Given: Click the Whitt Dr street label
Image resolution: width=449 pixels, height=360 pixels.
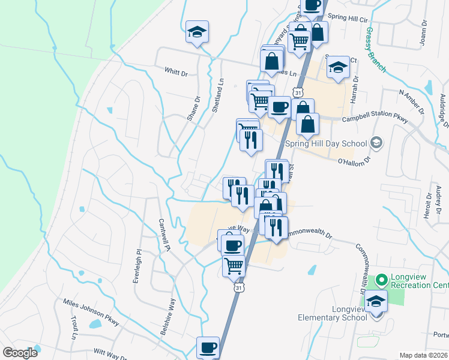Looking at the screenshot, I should point(176,71).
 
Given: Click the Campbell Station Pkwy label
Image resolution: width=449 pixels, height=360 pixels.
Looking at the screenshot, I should point(375,119).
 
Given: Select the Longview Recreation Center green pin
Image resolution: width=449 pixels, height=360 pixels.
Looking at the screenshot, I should point(381,280).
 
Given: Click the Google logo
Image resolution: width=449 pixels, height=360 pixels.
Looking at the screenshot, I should point(19,352).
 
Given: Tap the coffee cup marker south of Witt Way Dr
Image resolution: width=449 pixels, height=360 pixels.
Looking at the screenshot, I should point(208,347).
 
